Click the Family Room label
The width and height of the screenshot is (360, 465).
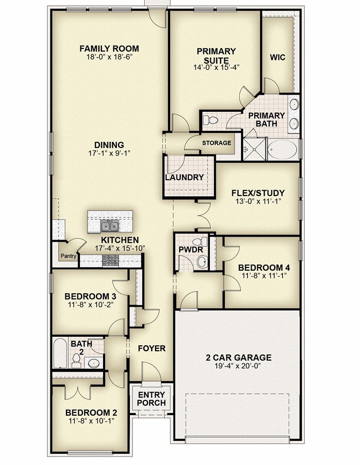tap(109, 48)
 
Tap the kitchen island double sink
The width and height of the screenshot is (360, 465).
tap(109, 226)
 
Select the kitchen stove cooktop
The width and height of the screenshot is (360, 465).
tap(111, 260)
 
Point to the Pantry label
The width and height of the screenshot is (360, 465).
tap(69, 256)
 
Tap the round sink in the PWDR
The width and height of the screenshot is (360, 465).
tap(202, 262)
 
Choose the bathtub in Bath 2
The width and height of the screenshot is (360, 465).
tap(60, 353)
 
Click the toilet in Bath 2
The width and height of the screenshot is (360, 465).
tap(76, 361)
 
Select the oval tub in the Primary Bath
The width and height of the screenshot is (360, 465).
tap(282, 150)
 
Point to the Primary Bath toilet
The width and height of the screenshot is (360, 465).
tap(210, 120)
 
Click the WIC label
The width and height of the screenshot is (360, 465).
tap(277, 57)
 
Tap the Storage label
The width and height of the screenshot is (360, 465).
tap(217, 143)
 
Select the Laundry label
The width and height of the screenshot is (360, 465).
tap(185, 177)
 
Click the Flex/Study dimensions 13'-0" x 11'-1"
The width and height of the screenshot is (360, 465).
tap(258, 201)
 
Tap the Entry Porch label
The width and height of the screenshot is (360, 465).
tap(151, 399)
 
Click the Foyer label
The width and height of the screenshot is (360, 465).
tap(152, 348)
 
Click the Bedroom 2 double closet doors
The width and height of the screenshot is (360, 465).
tap(77, 392)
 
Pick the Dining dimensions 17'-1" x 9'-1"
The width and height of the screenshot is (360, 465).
tap(109, 154)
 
